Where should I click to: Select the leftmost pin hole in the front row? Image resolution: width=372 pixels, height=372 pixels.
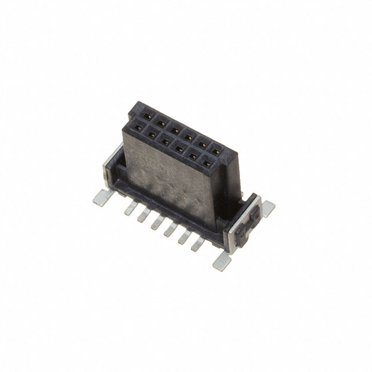point(138,126)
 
